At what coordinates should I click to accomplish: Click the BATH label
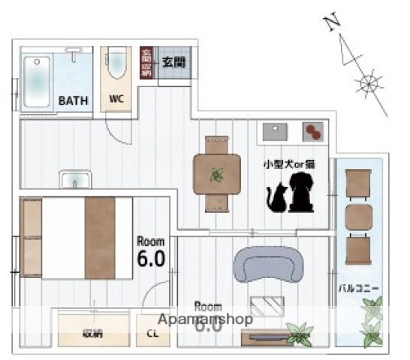point(74,99)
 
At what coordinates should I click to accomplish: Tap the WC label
point(116,99)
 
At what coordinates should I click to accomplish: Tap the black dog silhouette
point(299,192)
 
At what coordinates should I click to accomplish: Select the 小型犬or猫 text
point(288,162)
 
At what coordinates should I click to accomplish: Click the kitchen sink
point(273,132)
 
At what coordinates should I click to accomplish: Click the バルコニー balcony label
point(359,287)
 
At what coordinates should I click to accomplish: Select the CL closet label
point(153,333)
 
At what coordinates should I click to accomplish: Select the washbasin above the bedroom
point(76,181)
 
